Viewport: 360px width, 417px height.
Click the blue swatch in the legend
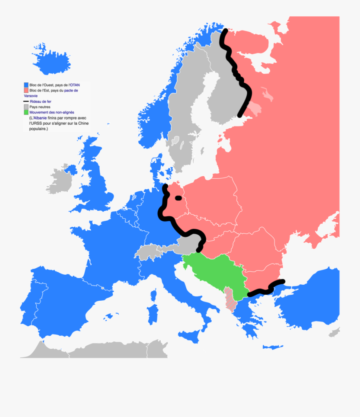click(26, 85)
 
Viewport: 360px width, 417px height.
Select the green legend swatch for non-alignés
click(26, 113)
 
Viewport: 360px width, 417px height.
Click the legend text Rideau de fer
click(40, 102)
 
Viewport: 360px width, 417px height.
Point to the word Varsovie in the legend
click(32, 96)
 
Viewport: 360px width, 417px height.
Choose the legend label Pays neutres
click(40, 107)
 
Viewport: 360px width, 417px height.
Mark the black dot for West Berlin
click(178, 198)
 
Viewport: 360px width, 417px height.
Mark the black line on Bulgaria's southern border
click(266, 289)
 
